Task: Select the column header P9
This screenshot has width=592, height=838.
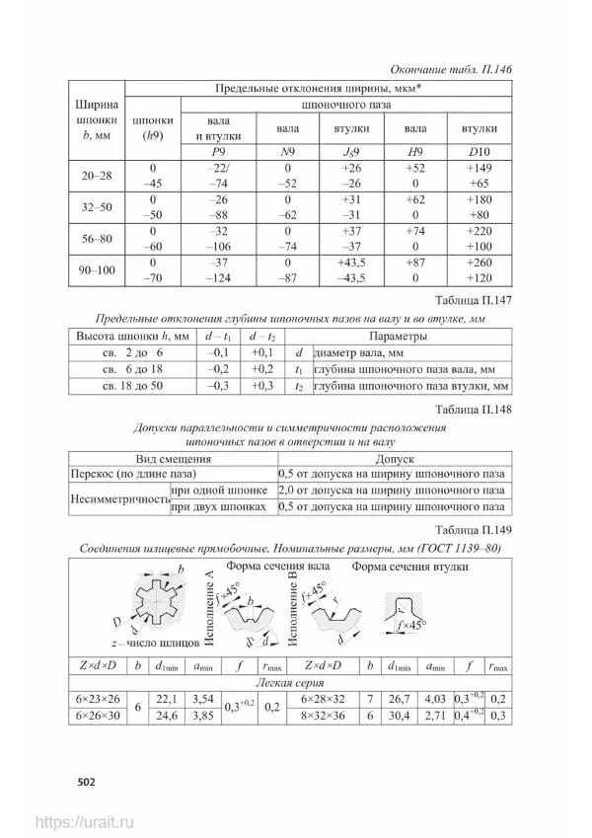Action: [x=219, y=153]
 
